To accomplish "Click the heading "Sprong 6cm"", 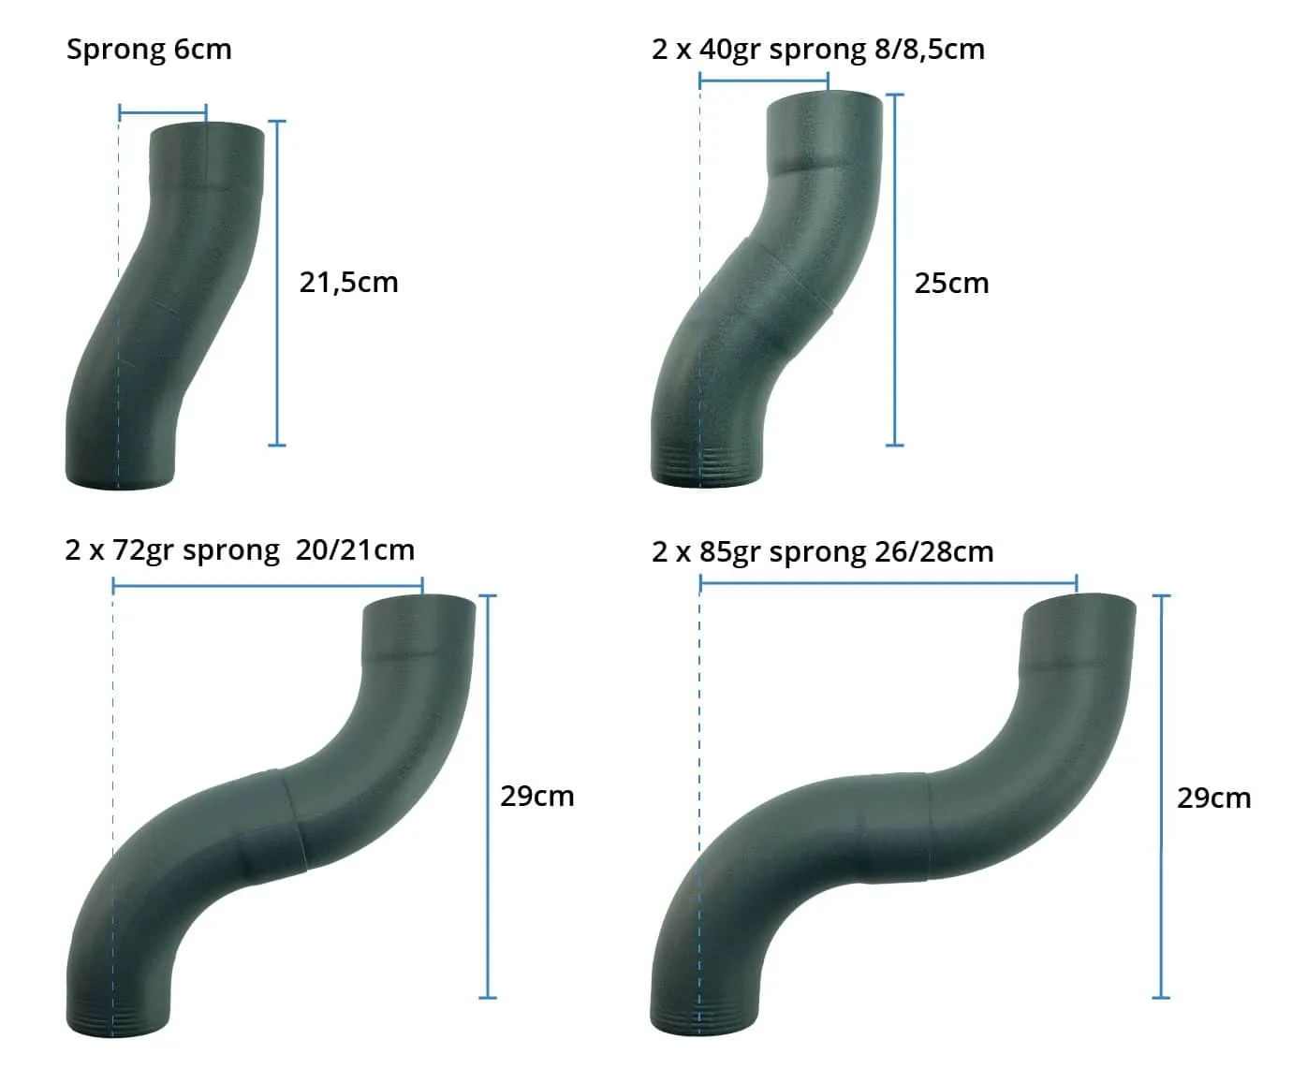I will [149, 50].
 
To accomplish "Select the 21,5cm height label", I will [348, 282].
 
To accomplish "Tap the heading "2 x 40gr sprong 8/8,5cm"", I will [818, 50].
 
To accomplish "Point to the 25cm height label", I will [951, 283].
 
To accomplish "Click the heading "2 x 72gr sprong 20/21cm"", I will [240, 549].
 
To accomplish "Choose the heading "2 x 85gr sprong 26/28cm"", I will [822, 551].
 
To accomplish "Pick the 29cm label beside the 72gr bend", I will [536, 796].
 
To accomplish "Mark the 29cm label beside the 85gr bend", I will [1213, 798].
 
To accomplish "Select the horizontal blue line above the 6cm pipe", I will [163, 114].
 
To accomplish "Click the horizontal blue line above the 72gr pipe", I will [268, 587].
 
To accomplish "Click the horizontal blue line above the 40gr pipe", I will [763, 81].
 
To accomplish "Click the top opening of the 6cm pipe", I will [207, 129].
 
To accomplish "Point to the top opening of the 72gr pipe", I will [419, 603].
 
